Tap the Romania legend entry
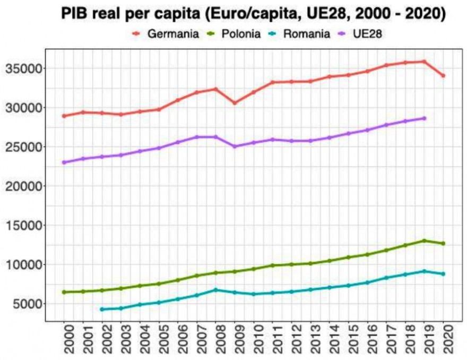pos(308,33)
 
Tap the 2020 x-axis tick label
pos(444,339)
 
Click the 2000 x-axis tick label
pos(64,339)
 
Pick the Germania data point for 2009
pos(235,103)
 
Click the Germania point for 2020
pos(443,76)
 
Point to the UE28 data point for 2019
pos(424,118)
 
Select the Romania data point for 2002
pos(102,309)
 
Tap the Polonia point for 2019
pos(424,241)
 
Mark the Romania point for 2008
pos(216,290)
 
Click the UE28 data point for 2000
pos(64,162)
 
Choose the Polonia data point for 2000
pos(64,292)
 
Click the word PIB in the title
pos(77,13)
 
